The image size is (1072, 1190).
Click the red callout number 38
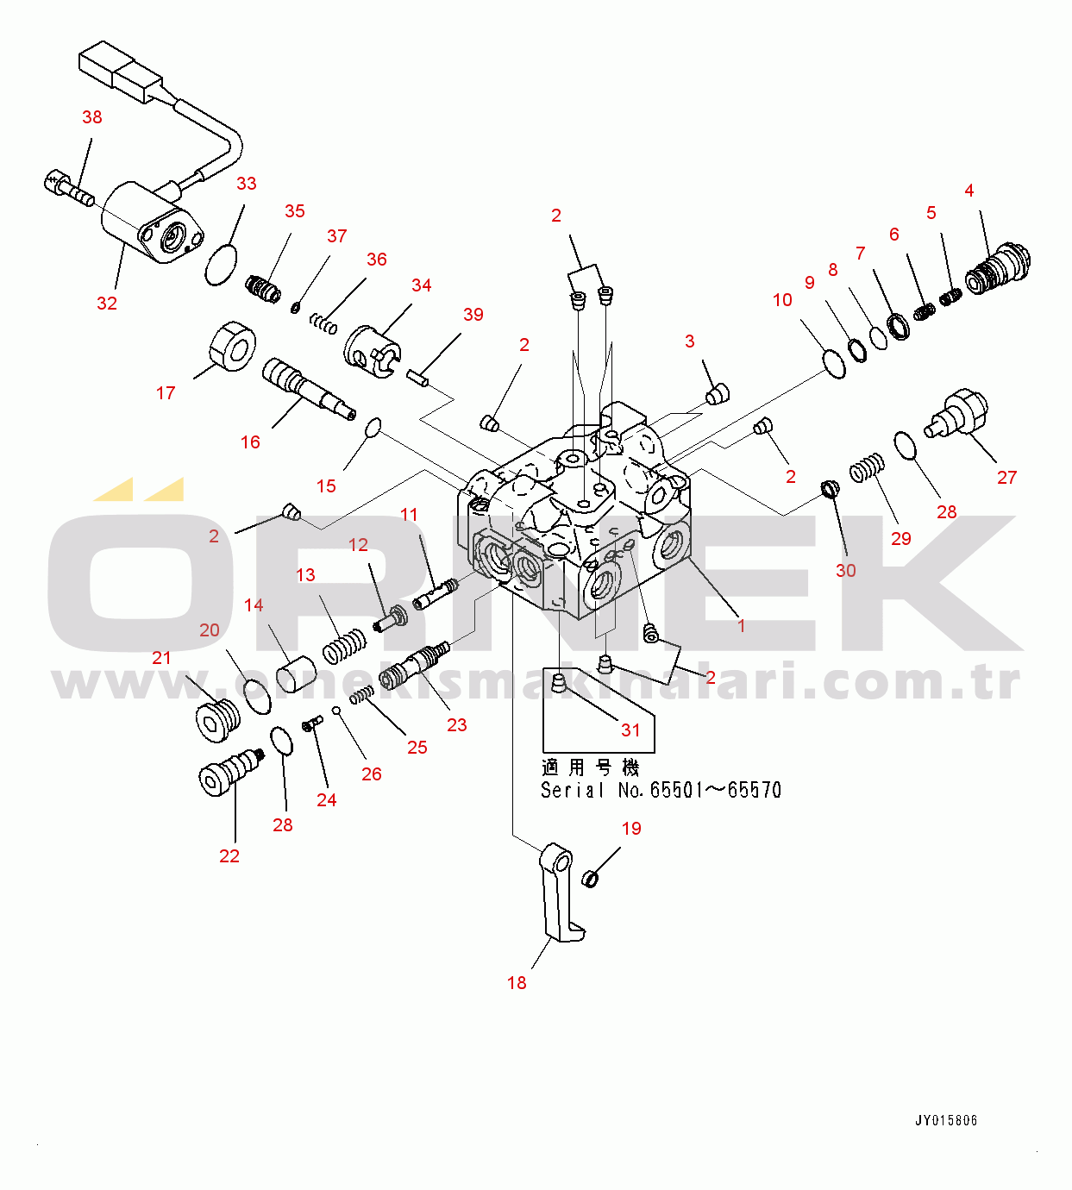click(x=91, y=117)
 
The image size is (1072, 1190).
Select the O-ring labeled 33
click(x=221, y=264)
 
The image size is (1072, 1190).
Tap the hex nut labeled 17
click(x=231, y=347)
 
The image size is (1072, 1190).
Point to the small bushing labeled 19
click(x=591, y=879)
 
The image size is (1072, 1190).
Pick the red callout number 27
click(x=1006, y=478)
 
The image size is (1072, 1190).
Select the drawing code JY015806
click(x=945, y=1121)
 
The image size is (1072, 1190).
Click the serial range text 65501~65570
click(x=715, y=790)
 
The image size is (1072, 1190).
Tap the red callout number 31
click(x=630, y=730)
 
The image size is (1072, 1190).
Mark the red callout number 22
click(x=229, y=856)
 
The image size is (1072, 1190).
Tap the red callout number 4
click(x=969, y=191)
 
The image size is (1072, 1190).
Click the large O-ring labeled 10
click(x=833, y=363)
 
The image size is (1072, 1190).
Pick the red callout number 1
click(x=741, y=626)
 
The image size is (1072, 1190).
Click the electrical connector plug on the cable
click(x=121, y=72)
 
